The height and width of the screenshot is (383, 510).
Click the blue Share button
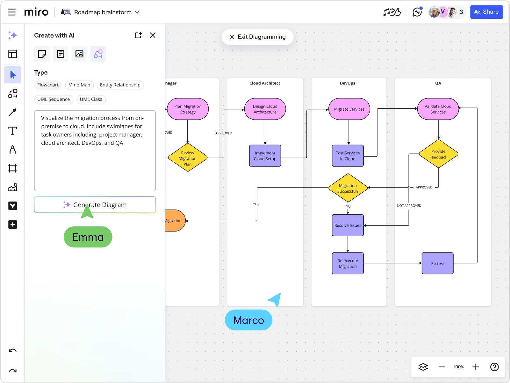(x=486, y=12)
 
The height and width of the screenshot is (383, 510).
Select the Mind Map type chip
(x=79, y=85)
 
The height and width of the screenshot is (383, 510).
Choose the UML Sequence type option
(x=54, y=99)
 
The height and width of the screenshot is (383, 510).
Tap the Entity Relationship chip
(x=120, y=85)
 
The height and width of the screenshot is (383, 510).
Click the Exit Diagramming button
(x=257, y=37)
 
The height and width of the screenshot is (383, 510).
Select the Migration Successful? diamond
(x=348, y=188)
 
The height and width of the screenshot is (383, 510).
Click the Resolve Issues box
(x=348, y=225)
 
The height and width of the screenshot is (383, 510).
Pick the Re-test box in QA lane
(x=437, y=263)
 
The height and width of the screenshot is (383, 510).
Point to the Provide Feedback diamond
(x=438, y=154)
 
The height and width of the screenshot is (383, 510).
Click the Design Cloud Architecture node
(x=265, y=109)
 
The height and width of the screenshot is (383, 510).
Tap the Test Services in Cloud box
(x=348, y=156)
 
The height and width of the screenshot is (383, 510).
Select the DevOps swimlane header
(x=347, y=83)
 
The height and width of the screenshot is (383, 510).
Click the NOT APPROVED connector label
(x=409, y=206)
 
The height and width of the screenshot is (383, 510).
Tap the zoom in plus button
(x=476, y=367)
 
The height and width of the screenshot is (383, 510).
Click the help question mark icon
(x=494, y=367)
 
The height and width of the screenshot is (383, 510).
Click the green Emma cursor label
(x=88, y=237)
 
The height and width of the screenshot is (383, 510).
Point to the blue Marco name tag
(x=248, y=320)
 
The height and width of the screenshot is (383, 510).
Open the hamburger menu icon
(x=12, y=12)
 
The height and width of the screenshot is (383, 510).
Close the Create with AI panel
(x=153, y=35)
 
